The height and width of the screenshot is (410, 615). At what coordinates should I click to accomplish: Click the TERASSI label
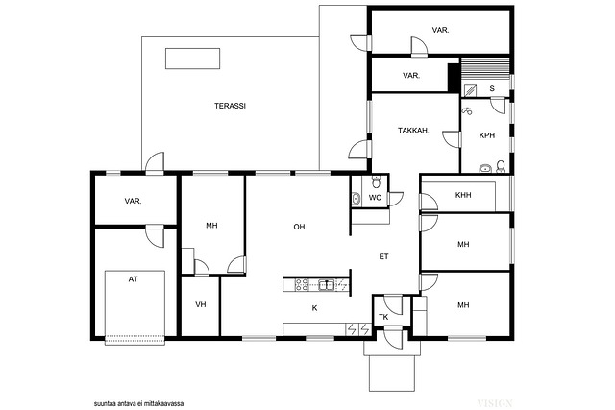click(x=230, y=106)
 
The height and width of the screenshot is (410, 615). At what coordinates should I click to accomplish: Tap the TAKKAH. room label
click(x=413, y=131)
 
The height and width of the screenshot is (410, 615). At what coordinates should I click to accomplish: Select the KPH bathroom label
click(x=487, y=135)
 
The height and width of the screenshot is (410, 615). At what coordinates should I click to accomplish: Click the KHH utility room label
click(x=463, y=195)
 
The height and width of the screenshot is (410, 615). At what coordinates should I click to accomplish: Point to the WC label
click(x=375, y=198)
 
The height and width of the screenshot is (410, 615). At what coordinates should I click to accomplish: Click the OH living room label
click(x=299, y=227)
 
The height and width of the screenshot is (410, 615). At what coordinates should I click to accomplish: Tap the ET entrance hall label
click(x=383, y=256)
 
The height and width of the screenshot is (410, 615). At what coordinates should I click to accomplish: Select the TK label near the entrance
click(x=383, y=317)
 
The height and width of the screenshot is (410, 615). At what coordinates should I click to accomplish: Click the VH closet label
click(x=201, y=304)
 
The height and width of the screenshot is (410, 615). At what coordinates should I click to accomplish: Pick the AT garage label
click(x=134, y=279)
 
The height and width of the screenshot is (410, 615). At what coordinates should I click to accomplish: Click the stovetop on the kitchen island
click(x=302, y=284)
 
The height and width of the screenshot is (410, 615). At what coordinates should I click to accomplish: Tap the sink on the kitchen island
click(x=327, y=284)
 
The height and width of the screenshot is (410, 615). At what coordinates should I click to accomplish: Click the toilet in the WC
click(x=376, y=181)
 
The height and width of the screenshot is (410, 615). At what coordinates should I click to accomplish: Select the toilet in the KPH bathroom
click(x=501, y=166)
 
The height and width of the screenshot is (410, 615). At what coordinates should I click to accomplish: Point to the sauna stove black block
click(x=454, y=76)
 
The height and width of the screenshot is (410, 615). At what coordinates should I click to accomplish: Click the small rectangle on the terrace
click(x=192, y=59)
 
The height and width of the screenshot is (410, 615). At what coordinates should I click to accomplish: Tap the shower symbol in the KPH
click(x=467, y=111)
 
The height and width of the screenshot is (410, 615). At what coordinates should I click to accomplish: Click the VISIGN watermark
click(x=495, y=403)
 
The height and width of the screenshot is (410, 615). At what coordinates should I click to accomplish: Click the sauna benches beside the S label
click(x=484, y=69)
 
